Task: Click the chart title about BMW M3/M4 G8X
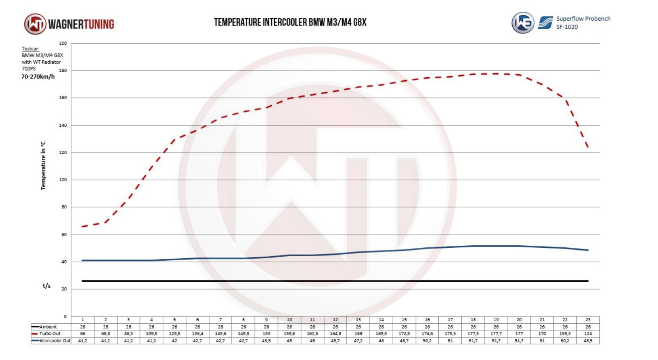pos(290,22)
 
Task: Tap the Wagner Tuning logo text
pos(81,24)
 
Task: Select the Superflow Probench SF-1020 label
pos(583,23)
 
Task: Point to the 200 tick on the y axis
pos(63,43)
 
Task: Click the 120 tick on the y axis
pos(63,153)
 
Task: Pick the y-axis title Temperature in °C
pos(43,165)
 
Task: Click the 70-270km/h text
pos(38,77)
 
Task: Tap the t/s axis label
pos(47,286)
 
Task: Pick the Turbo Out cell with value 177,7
pos(496,334)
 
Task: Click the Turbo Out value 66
pos(83,334)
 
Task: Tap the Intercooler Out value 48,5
pos(588,341)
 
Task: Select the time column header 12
pos(335,320)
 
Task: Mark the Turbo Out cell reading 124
pos(588,334)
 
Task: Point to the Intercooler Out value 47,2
pos(358,341)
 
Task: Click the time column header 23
pos(588,320)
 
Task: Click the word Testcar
pos(31,49)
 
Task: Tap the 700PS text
pos(29,69)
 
